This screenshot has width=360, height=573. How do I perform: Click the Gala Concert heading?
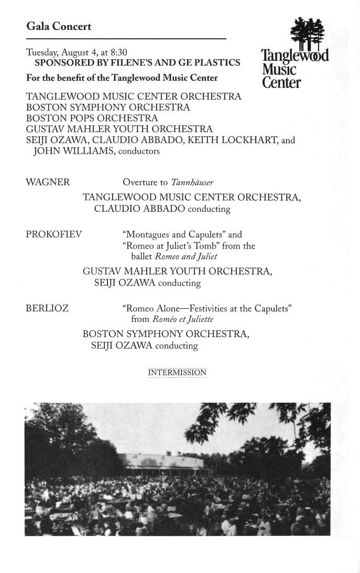pyautogui.click(x=59, y=26)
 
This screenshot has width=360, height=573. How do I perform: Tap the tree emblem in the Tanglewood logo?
pyautogui.click(x=307, y=33)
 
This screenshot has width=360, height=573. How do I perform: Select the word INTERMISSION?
pyautogui.click(x=177, y=373)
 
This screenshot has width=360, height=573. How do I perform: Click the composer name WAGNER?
pyautogui.click(x=48, y=182)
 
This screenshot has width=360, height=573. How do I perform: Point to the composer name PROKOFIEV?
pyautogui.click(x=54, y=234)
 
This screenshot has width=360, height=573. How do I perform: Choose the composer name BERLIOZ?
pyautogui.click(x=47, y=308)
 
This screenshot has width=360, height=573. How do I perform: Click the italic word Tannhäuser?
pyautogui.click(x=191, y=182)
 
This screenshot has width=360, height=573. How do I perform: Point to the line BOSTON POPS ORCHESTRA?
pyautogui.click(x=92, y=118)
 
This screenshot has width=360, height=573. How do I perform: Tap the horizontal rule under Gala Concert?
pyautogui.click(x=126, y=39)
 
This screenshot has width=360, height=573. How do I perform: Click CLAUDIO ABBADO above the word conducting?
pyautogui.click(x=139, y=209)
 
